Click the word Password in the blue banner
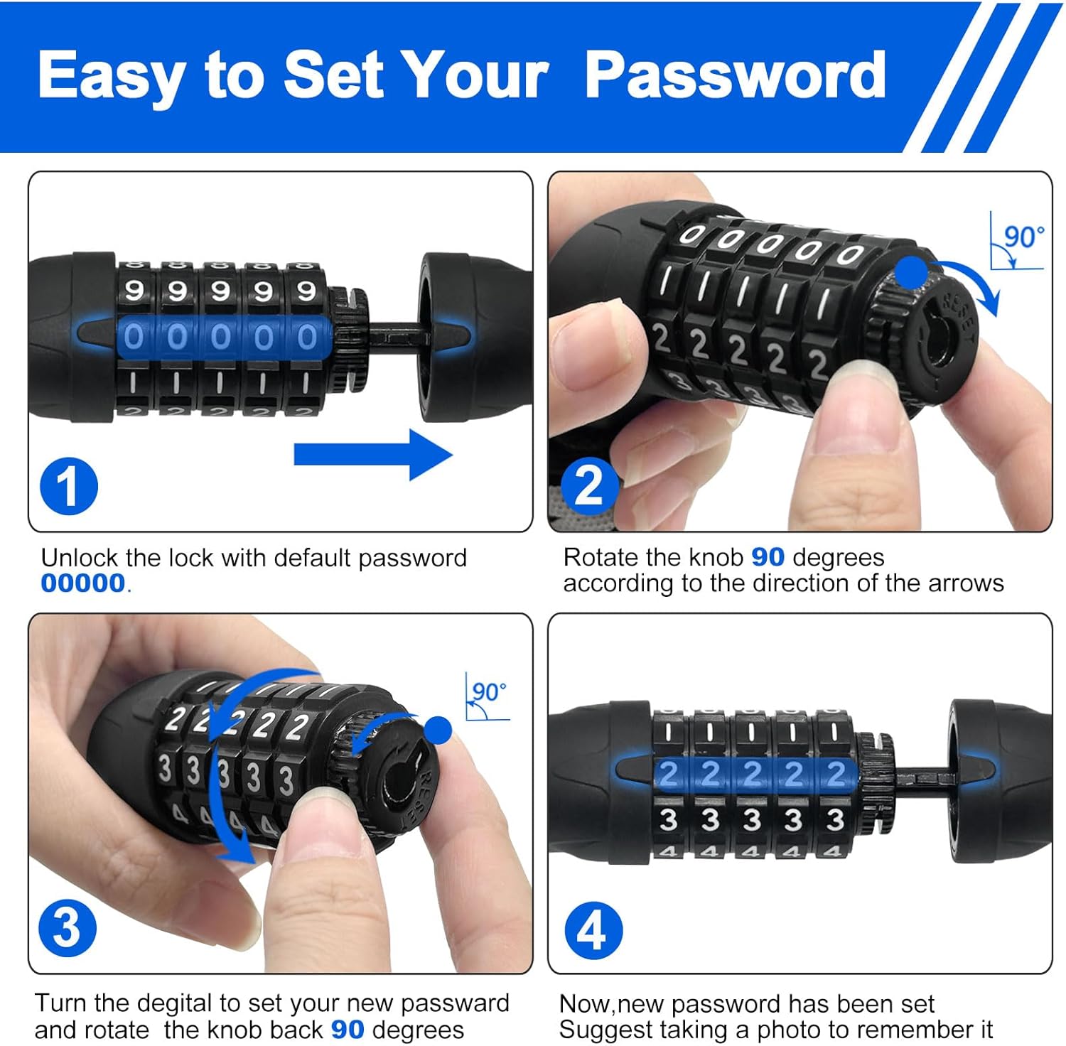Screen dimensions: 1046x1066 (x=735, y=77)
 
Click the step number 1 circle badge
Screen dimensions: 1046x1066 (x=68, y=487)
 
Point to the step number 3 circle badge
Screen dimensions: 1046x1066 (x=68, y=928)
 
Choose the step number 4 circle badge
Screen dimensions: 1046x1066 (x=593, y=930)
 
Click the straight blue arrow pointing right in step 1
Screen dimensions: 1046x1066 (x=372, y=455)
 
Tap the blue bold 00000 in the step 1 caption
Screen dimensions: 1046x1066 (x=83, y=583)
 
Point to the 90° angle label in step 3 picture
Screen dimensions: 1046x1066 (x=489, y=692)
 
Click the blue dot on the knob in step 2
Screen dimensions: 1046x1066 (x=911, y=273)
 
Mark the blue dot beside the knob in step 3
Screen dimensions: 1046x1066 (x=438, y=730)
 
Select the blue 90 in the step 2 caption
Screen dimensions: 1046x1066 (x=768, y=558)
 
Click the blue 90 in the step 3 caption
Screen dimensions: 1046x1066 (x=348, y=1030)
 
